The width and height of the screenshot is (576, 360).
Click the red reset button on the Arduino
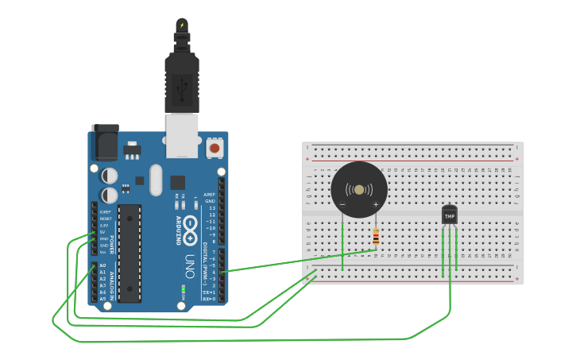click(x=214, y=148)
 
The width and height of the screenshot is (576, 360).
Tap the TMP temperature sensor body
click(x=450, y=215)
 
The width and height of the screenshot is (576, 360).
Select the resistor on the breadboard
click(x=375, y=236)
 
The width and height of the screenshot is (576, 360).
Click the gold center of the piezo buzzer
click(x=359, y=189)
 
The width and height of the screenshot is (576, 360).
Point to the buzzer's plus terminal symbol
click(x=376, y=205)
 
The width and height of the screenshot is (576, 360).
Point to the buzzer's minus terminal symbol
click(x=342, y=205)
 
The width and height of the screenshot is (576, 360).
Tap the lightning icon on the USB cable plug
click(x=182, y=25)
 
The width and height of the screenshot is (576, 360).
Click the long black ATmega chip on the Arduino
click(x=130, y=253)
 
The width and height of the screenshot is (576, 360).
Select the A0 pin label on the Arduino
click(x=103, y=265)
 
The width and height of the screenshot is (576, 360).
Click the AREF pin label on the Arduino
click(x=210, y=195)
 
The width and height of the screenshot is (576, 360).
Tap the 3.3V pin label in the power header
click(x=104, y=225)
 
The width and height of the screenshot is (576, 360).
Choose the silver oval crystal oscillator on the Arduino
click(x=154, y=178)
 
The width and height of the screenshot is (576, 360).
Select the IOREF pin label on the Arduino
click(x=105, y=212)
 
